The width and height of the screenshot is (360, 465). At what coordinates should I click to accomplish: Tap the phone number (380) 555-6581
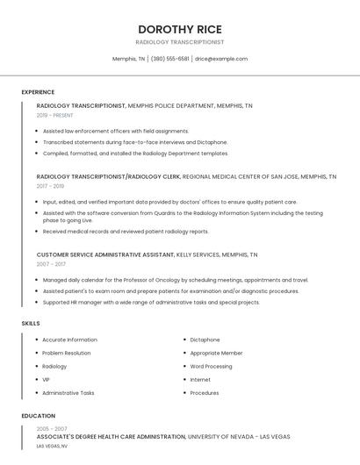pyautogui.click(x=169, y=59)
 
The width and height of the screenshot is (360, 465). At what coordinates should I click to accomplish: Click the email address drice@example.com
pyautogui.click(x=221, y=59)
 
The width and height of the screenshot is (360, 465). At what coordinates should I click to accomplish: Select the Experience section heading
pyautogui.click(x=38, y=92)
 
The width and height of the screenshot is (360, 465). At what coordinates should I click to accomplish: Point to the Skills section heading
pyautogui.click(x=30, y=324)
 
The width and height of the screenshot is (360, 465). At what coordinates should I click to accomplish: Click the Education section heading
pyautogui.click(x=39, y=416)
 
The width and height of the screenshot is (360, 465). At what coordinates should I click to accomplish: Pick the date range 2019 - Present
pyautogui.click(x=54, y=115)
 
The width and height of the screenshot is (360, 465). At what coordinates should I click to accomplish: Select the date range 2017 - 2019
pyautogui.click(x=50, y=186)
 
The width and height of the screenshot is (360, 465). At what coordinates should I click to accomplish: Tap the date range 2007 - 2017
pyautogui.click(x=51, y=264)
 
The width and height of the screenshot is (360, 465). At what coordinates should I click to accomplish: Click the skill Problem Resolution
pyautogui.click(x=66, y=353)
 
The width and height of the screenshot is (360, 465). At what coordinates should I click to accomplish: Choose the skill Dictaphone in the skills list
pyautogui.click(x=205, y=340)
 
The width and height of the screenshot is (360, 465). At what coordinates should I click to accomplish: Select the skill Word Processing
pyautogui.click(x=211, y=366)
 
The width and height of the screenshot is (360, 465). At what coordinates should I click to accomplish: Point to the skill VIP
pyautogui.click(x=46, y=380)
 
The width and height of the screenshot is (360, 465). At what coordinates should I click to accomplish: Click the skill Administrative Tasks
pyautogui.click(x=68, y=393)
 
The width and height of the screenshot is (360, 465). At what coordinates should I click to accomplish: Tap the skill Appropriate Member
pyautogui.click(x=216, y=353)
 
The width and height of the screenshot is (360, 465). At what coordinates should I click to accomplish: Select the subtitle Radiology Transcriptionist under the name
pyautogui.click(x=179, y=42)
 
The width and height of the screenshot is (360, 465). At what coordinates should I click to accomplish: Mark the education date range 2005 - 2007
pyautogui.click(x=52, y=428)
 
